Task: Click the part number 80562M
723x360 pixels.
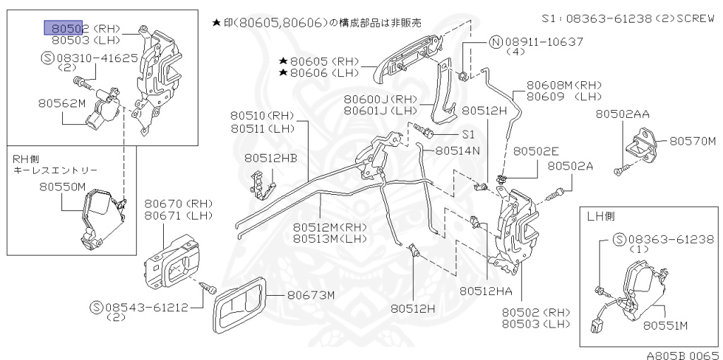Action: (x=62, y=104)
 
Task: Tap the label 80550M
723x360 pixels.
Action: (x=62, y=186)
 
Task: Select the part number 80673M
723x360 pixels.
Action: (x=311, y=295)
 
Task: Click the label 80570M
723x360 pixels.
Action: (x=693, y=140)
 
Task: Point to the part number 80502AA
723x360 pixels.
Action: (x=622, y=114)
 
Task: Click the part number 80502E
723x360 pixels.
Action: (x=536, y=151)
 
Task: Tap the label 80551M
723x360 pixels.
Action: (x=665, y=325)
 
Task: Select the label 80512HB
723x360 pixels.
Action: (x=271, y=159)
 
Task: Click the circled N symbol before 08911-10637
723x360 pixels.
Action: (x=497, y=42)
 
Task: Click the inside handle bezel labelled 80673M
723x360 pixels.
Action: (x=240, y=307)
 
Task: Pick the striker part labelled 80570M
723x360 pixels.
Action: (x=644, y=143)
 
